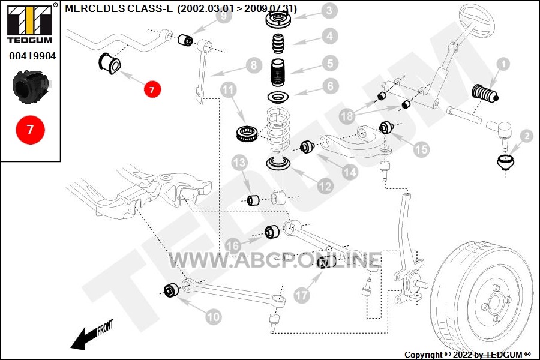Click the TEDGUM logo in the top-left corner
(31, 23)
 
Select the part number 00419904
(32, 56)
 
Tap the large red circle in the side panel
(31, 130)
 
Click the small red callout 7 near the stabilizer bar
(152, 89)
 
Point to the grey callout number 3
(329, 10)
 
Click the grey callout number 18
(347, 116)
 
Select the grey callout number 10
(213, 317)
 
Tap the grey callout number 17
(302, 295)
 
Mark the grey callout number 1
(503, 64)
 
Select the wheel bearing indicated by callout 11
(248, 133)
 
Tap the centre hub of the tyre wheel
(496, 301)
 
